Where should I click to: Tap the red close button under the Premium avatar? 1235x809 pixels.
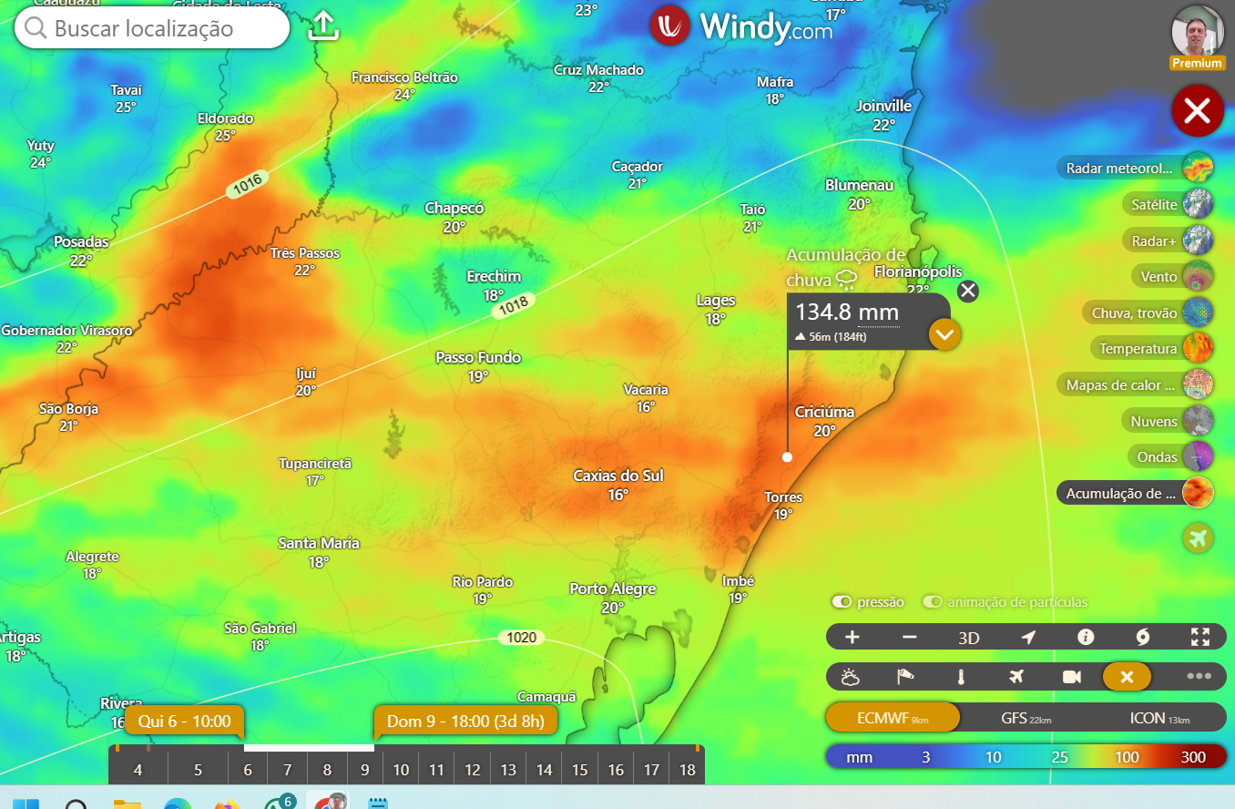[x=1197, y=111]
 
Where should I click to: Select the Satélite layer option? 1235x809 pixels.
[x=1154, y=204]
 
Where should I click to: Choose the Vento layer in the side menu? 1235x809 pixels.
[x=1159, y=276]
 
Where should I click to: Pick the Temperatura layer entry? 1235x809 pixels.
[x=1138, y=348]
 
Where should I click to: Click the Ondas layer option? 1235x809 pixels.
[x=1158, y=456]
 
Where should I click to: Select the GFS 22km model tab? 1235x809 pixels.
[x=1026, y=718]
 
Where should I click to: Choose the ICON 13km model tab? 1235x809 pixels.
[x=1158, y=718]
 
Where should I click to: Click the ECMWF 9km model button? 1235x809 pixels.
[x=893, y=718]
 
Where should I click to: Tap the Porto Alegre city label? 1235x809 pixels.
[x=612, y=589]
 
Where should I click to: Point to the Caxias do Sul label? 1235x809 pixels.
[x=617, y=476]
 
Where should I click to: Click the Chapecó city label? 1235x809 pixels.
[x=454, y=209]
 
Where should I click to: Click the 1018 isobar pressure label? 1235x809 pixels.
[x=513, y=306]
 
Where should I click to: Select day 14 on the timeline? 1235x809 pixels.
[x=544, y=770]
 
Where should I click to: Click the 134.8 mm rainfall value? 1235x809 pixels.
[x=835, y=312]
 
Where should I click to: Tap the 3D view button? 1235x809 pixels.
[x=968, y=638]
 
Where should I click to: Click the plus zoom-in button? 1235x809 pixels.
[x=852, y=637]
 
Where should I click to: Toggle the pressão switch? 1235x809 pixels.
[x=842, y=602]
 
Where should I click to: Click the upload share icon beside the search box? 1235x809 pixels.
[x=323, y=26]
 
